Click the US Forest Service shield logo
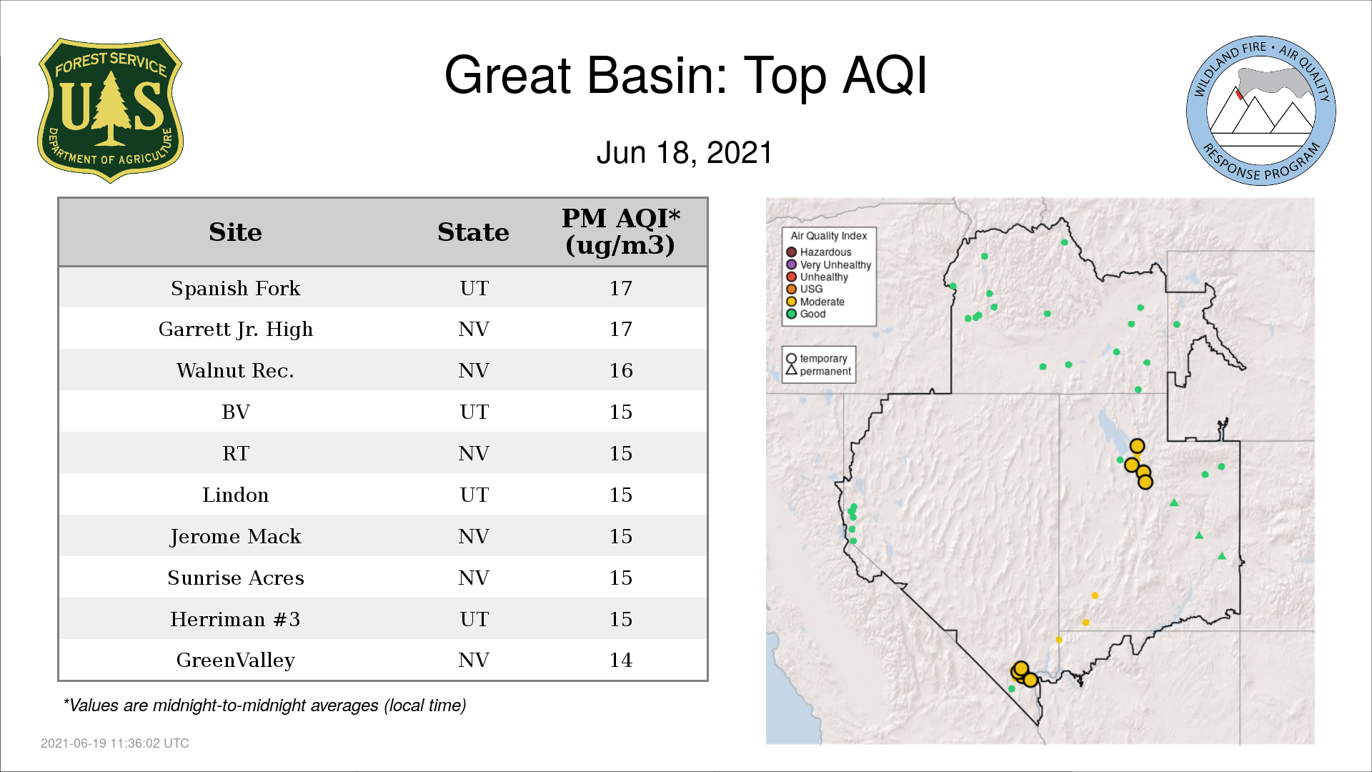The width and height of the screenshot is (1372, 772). tap(110, 110)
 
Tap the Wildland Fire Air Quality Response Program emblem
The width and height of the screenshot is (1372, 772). tap(1261, 111)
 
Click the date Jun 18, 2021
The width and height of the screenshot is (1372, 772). tap(685, 153)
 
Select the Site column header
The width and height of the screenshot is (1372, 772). tap(235, 232)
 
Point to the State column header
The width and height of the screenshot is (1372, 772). tap(473, 232)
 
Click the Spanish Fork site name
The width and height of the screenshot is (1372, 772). tap(236, 288)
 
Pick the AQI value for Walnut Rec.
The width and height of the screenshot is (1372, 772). tap(621, 370)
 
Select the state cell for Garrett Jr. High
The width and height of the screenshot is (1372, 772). tap(474, 329)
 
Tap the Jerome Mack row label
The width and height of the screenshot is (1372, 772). tap(236, 537)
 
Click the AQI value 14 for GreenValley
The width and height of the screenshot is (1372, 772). tap(621, 660)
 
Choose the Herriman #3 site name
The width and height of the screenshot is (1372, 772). tap(235, 619)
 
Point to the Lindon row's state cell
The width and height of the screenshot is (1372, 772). tap(474, 495)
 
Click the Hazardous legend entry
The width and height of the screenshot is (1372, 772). tap(819, 252)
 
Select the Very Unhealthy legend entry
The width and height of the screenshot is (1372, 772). tap(829, 264)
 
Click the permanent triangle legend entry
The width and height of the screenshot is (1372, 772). tap(818, 371)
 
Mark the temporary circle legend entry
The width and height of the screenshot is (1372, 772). tap(817, 359)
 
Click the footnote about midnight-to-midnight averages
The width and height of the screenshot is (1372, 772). tap(264, 706)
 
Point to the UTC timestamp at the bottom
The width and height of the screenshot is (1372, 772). tap(115, 743)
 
